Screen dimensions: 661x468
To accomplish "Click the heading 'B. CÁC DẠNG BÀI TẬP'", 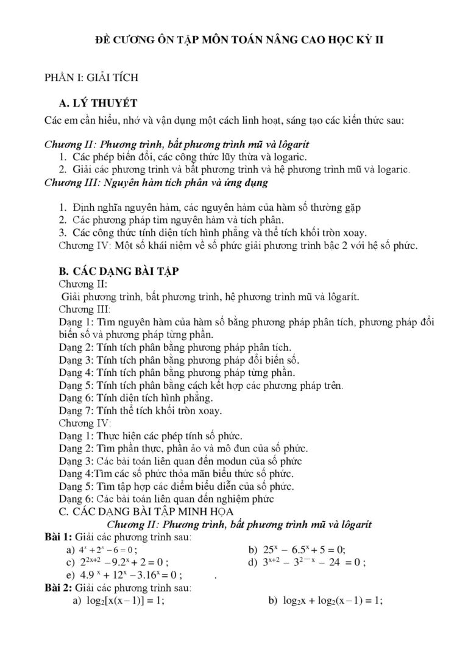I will pyautogui.click(x=118, y=271).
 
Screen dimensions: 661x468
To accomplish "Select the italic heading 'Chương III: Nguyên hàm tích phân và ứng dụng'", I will pyautogui.click(x=156, y=182).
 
